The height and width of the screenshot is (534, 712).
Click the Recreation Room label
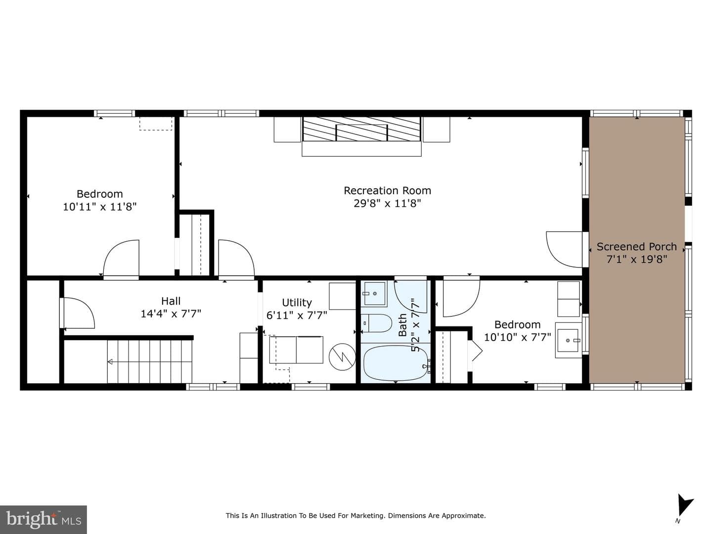tap(387, 191)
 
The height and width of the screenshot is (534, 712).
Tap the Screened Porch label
tap(637, 247)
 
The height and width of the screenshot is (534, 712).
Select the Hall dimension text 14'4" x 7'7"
tap(171, 314)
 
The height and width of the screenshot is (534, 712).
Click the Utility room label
tap(297, 303)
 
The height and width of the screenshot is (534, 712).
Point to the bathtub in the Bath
tap(396, 363)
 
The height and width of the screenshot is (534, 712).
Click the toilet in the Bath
tap(377, 323)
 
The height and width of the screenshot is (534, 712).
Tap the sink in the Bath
tap(374, 294)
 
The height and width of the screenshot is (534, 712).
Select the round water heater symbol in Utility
tap(342, 356)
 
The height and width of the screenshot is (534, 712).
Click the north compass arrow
tap(684, 505)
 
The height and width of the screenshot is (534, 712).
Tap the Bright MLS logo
tap(44, 519)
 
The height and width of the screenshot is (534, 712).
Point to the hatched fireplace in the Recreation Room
tap(361, 129)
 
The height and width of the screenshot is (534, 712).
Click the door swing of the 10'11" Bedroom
tap(121, 258)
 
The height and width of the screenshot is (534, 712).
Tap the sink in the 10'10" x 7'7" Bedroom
tap(568, 340)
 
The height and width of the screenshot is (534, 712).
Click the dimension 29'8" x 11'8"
tap(387, 204)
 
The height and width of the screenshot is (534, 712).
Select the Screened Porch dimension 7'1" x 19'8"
tap(637, 260)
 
